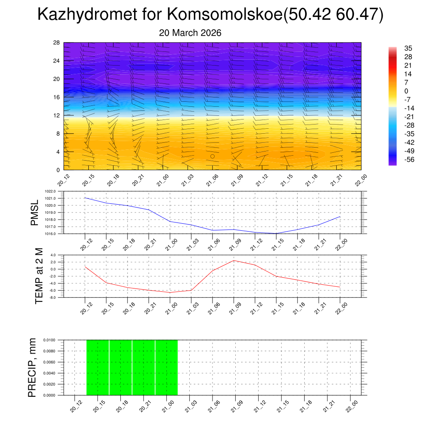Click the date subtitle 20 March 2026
click(190, 33)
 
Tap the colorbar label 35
click(408, 48)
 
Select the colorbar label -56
click(409, 160)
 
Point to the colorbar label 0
click(406, 91)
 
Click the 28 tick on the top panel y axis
click(57, 43)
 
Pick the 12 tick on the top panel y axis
click(57, 115)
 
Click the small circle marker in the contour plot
click(212, 156)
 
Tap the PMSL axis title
click(34, 212)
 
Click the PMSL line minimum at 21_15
click(276, 233)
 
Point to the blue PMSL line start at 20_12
click(85, 198)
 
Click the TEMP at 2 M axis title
click(39, 276)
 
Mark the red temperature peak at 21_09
click(234, 260)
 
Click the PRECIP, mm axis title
click(32, 367)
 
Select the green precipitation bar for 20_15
click(98, 367)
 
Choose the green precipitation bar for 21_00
click(166, 367)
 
